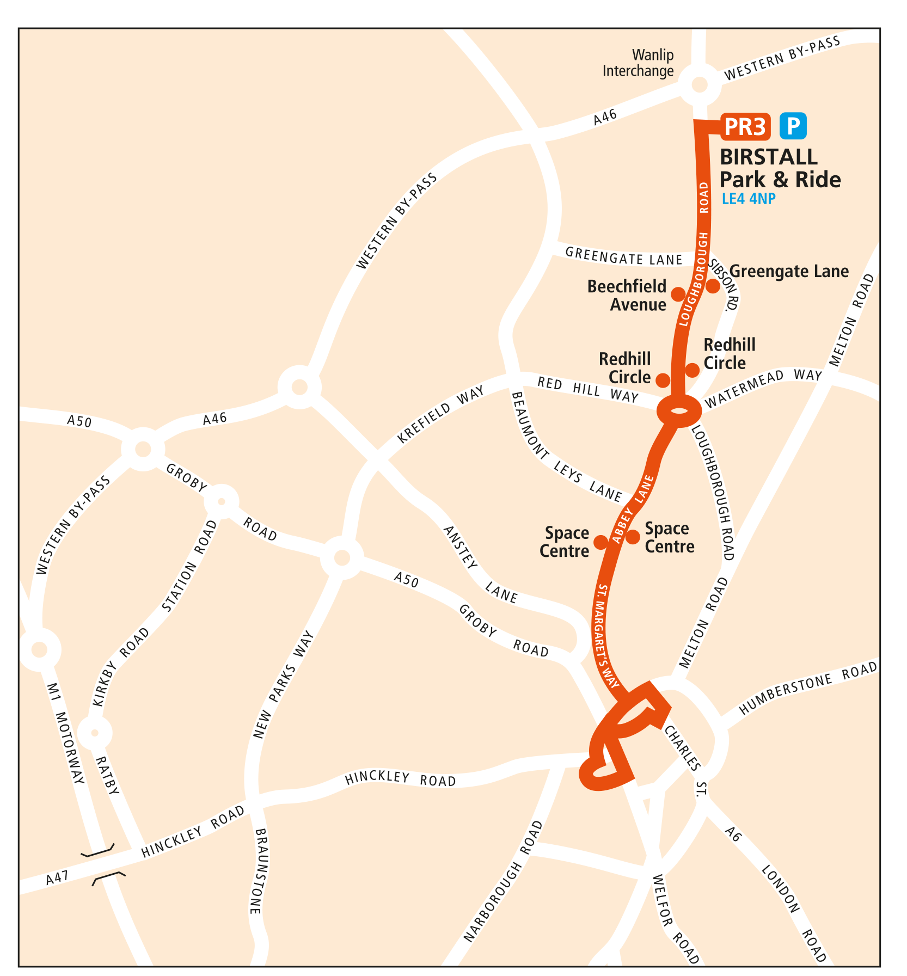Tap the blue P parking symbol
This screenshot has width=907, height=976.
tap(793, 127)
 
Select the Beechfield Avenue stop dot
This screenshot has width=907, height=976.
tap(678, 294)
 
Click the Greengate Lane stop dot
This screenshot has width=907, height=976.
tap(713, 286)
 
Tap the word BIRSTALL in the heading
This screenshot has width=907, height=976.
tap(769, 157)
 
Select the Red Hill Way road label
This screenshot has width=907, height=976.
tap(587, 389)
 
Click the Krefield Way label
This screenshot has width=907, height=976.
tap(441, 415)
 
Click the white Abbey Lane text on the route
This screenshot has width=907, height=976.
tap(632, 509)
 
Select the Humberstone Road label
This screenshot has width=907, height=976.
tap(808, 688)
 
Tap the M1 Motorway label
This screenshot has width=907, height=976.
tap(66, 733)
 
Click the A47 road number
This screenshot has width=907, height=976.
tap(57, 877)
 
